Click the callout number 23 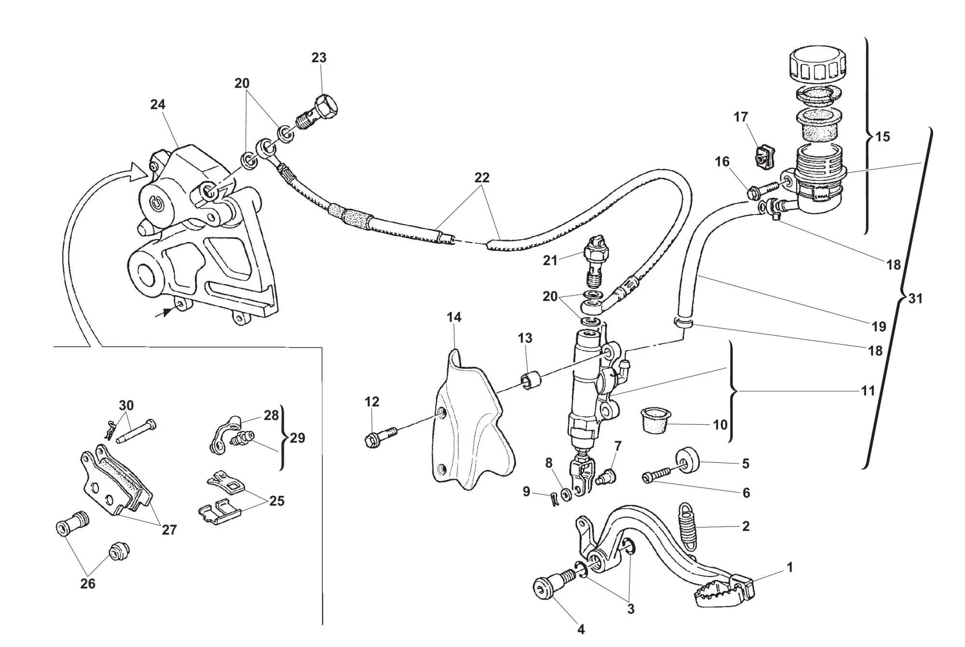click(x=318, y=58)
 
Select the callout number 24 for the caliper click(x=158, y=105)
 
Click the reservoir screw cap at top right click(x=817, y=65)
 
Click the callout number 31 click(x=915, y=299)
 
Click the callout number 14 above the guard click(x=454, y=317)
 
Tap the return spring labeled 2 click(x=689, y=525)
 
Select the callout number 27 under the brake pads click(x=169, y=530)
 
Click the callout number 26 click(x=87, y=583)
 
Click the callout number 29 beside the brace click(x=297, y=438)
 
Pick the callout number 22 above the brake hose click(x=482, y=178)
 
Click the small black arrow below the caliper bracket click(x=165, y=312)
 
